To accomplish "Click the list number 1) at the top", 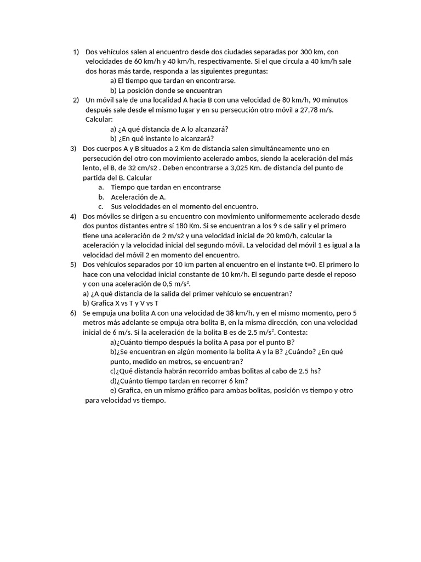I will click(x=76, y=52).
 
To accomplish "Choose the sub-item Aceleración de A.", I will click(x=138, y=196).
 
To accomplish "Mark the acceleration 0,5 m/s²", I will click(x=174, y=284).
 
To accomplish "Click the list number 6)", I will click(x=73, y=313).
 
